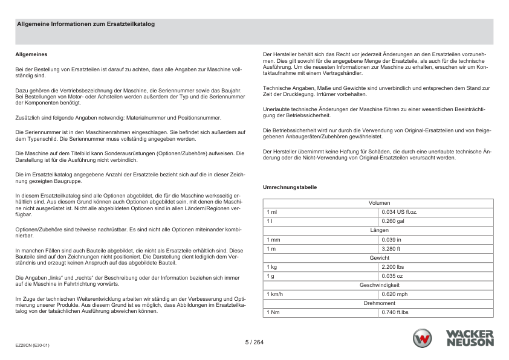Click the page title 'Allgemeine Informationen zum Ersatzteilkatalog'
click(x=86, y=25)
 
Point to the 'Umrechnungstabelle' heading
click(x=290, y=187)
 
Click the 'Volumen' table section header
click(x=379, y=203)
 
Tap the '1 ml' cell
click(x=271, y=213)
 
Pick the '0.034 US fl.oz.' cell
click(x=400, y=213)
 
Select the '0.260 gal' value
click(x=392, y=222)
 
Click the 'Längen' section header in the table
click(x=379, y=231)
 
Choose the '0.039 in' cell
click(x=391, y=240)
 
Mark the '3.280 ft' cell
click(x=391, y=249)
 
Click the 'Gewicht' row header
click(x=379, y=258)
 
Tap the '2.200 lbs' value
click(x=393, y=267)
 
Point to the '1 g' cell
click(x=270, y=276)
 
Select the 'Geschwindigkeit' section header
click(x=379, y=285)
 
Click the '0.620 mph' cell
click(x=394, y=294)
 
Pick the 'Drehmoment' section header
click(x=379, y=303)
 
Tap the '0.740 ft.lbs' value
click(x=395, y=312)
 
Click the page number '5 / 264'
click(x=254, y=342)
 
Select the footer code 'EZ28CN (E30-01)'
click(x=33, y=346)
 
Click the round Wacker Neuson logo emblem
click(x=423, y=339)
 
